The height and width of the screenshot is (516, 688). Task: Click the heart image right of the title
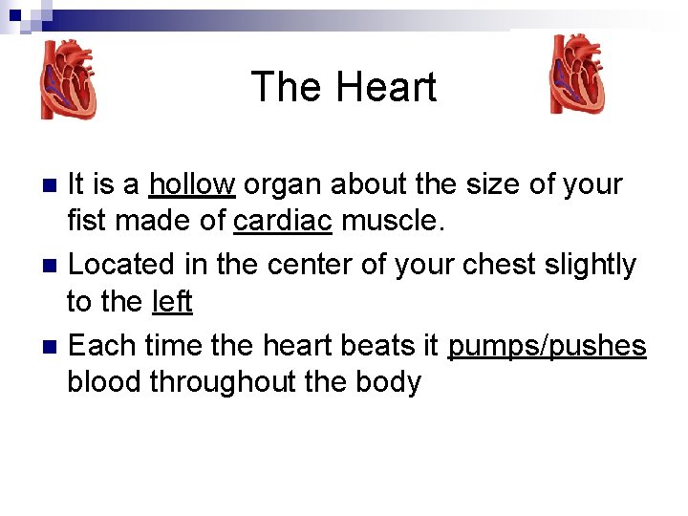[576, 75]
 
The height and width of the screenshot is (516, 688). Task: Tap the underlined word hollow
[191, 183]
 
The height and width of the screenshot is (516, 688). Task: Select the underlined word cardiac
[283, 222]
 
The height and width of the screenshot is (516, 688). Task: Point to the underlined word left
[172, 302]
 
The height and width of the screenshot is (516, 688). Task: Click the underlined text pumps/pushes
[548, 344]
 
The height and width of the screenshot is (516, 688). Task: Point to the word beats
[361, 344]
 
